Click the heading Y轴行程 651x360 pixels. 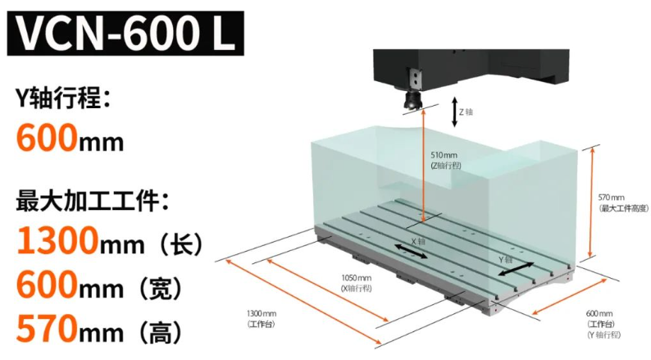coord(62,100)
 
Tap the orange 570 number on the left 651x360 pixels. coord(46,330)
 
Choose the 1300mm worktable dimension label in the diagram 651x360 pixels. coord(262,319)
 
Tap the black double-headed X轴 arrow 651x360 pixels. coord(411,252)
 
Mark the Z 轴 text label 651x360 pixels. coord(466,111)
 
